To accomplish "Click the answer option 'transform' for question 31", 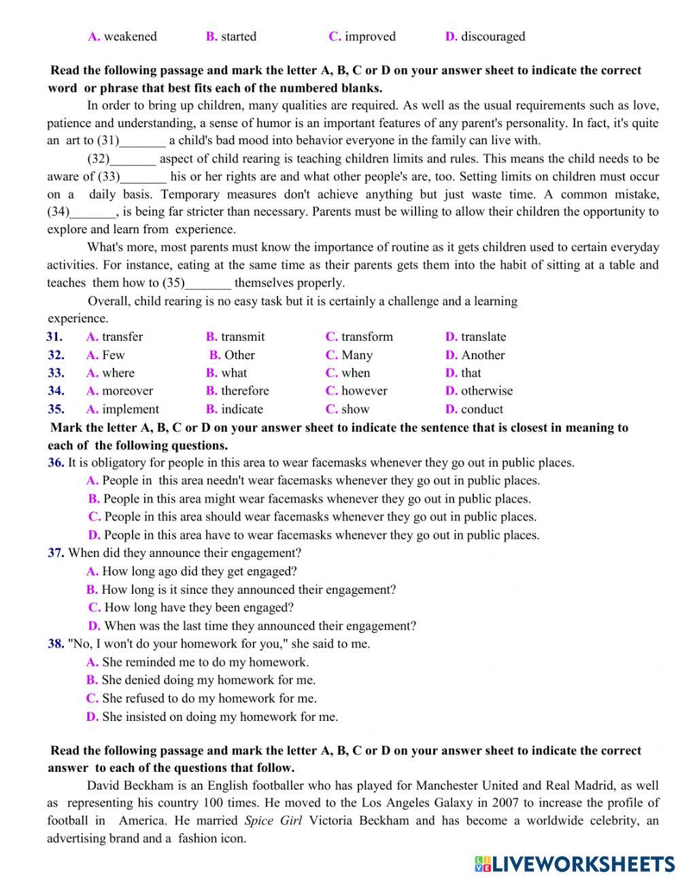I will pos(367,337).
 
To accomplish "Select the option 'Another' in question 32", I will pos(483,355).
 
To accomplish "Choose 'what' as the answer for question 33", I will pos(234,373).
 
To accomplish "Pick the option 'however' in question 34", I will pos(364,391).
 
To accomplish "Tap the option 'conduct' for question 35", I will pos(482,409).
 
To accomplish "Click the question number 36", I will pos(56,463).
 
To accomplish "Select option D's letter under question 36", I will pos(94,535).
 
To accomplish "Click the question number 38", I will pos(56,644).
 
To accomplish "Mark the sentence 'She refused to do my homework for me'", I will pos(209,698).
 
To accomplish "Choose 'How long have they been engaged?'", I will pos(199,608).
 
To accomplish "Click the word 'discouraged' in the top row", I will pos(493,37).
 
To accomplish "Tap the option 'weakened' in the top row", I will pos(130,37).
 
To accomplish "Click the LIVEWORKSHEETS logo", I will pos(575,864).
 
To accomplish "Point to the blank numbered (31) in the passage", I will pos(142,141).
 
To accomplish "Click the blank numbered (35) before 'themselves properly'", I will pos(207,283).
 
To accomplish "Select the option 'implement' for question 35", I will pos(130,409).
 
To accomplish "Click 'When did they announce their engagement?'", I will pos(184,554).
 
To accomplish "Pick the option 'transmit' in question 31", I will pos(243,337).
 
